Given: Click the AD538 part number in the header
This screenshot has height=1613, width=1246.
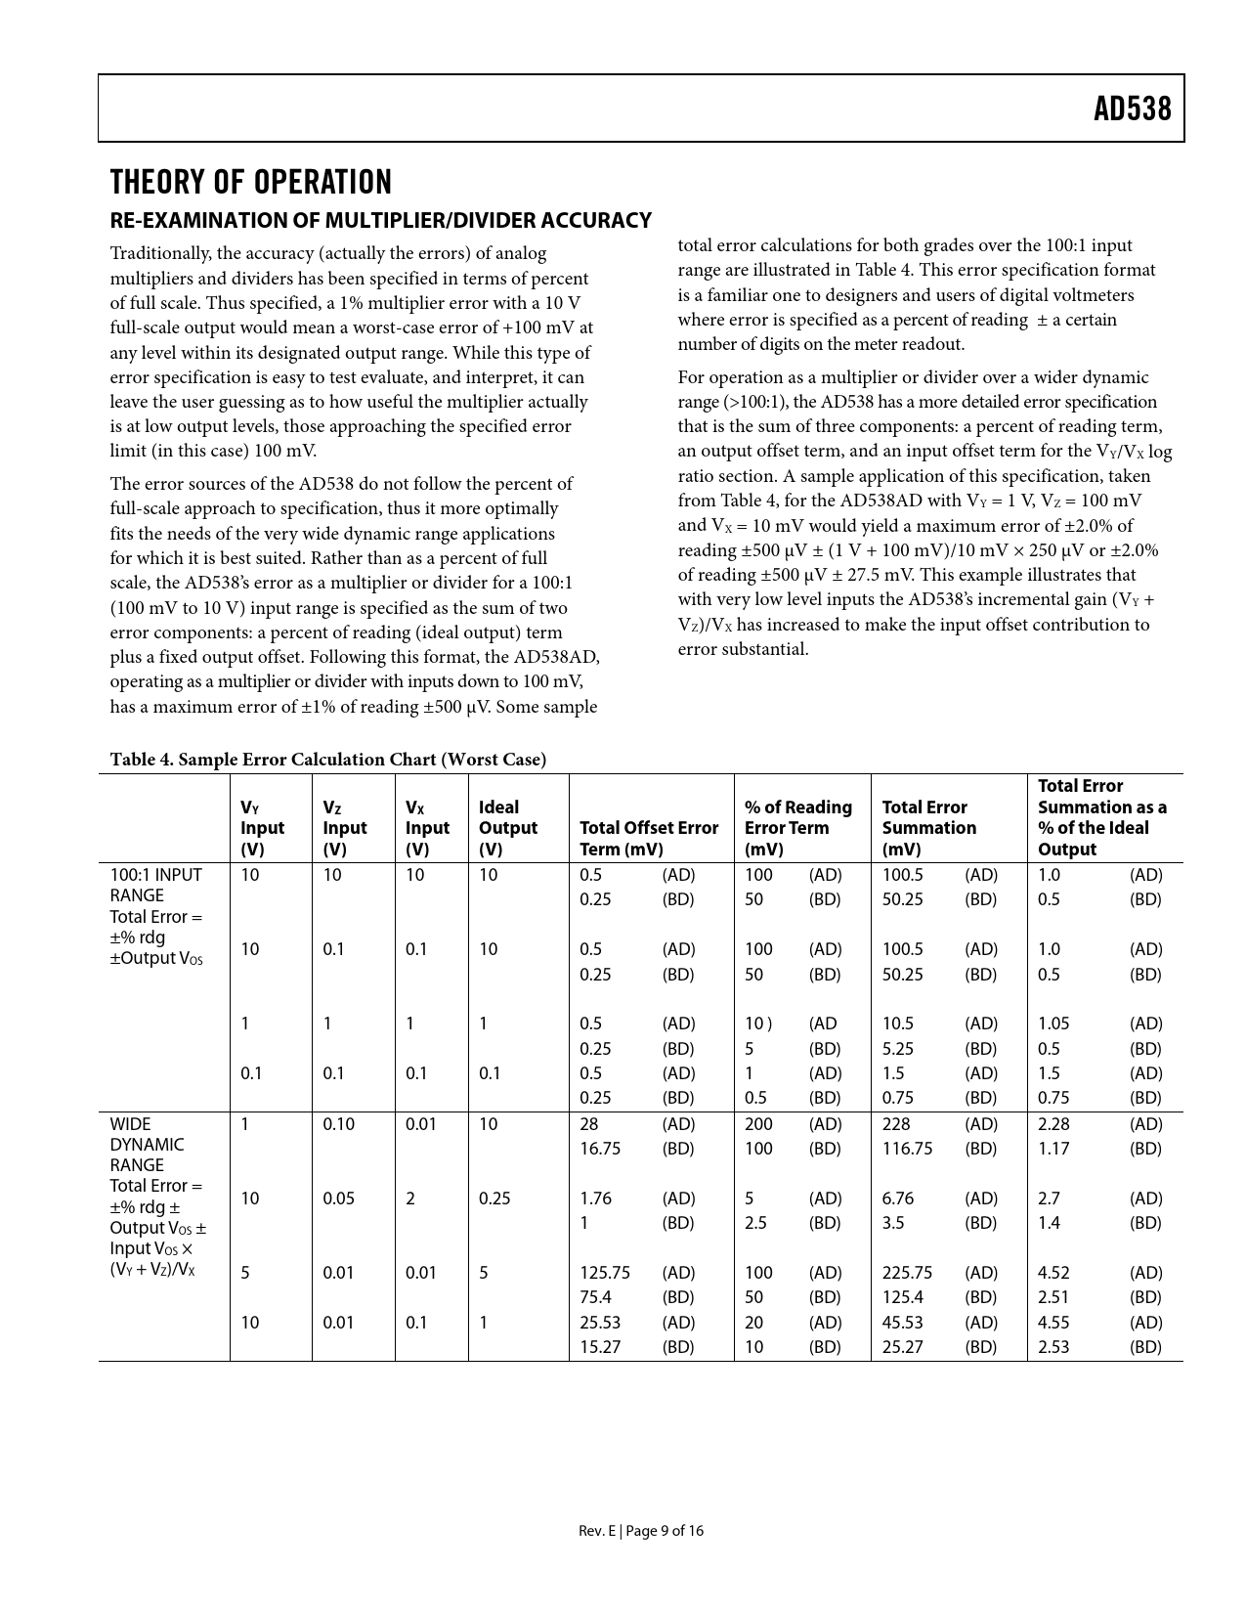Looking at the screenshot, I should pos(1132,109).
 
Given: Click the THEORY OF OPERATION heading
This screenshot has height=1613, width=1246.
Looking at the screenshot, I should pos(251,183).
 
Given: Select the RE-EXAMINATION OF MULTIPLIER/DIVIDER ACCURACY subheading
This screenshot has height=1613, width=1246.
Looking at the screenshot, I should pos(380,220).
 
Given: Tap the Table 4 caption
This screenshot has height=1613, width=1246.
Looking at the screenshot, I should pos(328,760).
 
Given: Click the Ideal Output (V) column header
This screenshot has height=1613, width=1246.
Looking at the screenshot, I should pos(507,828).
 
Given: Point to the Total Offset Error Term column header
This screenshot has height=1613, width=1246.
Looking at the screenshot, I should pos(649,838).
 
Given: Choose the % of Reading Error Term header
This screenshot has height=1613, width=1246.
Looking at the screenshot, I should pos(797,828).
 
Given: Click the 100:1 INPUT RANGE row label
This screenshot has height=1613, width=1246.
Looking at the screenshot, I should pos(155,885).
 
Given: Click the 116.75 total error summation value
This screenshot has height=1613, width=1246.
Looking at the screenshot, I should pos(907,1149).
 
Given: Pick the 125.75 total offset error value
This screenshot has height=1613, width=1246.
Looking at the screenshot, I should pos(605,1273).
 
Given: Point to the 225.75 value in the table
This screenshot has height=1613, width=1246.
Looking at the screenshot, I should pos(907,1273).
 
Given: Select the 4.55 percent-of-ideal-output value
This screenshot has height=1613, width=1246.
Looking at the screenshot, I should pos(1053,1323).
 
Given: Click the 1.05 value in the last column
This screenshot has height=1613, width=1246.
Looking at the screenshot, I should pos(1053,1024).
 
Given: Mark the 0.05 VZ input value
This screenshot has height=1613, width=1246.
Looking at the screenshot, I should pos(339,1199).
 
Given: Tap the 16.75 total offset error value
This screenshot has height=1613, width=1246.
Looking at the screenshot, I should pos(600,1149).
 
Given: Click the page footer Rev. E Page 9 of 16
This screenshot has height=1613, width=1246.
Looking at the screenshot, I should pos(640,1531).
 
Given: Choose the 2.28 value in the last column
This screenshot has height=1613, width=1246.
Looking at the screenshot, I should pos(1053,1124).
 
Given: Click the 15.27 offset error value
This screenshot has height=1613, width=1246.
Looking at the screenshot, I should pos(600,1347).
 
